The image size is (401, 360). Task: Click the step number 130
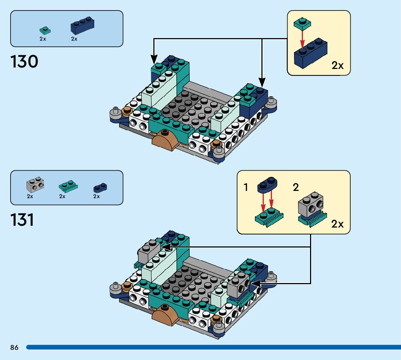point(24,62)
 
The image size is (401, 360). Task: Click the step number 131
point(22,220)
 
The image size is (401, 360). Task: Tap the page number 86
point(15,347)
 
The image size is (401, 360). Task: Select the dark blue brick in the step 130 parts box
point(82,25)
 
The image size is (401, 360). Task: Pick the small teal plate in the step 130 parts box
point(45,30)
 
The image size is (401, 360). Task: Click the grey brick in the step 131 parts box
point(35,185)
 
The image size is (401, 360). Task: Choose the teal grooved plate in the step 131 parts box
point(68,187)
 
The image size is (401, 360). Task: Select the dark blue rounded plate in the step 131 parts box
point(100,187)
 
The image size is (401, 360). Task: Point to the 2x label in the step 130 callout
point(338,65)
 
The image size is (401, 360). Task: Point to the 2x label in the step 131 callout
point(337,224)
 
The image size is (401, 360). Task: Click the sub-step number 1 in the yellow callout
point(246,188)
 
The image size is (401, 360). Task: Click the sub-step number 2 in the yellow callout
point(296,188)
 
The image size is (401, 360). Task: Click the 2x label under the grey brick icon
point(30,196)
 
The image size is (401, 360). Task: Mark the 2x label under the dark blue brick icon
point(74,39)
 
